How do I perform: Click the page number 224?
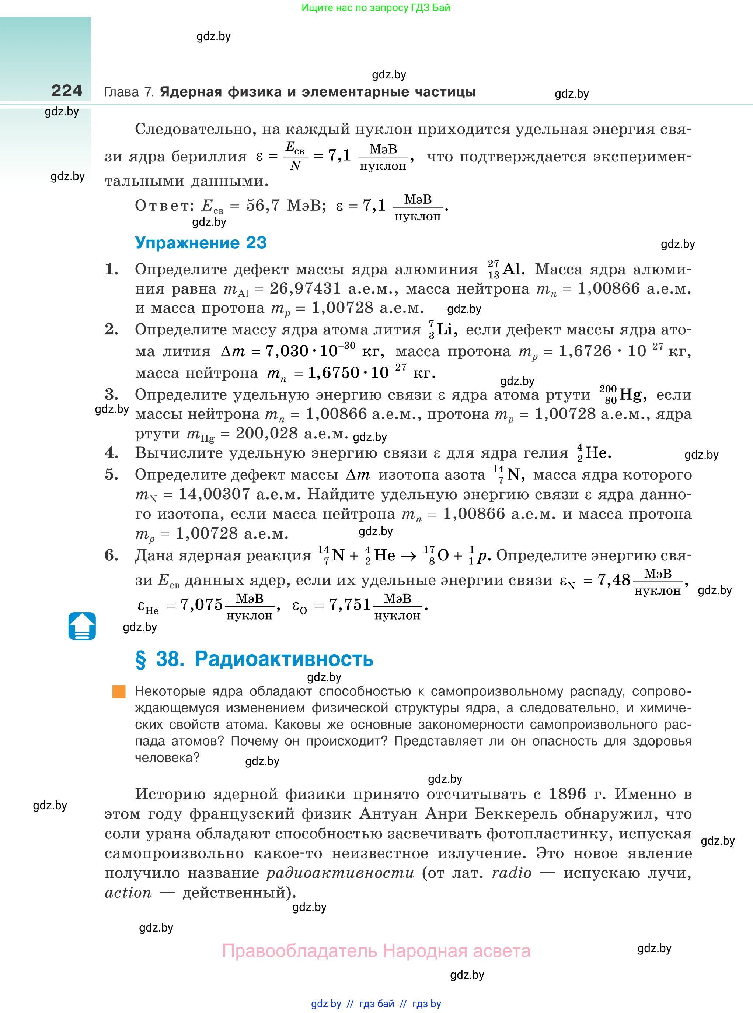click(67, 91)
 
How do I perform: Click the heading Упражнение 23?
click(201, 243)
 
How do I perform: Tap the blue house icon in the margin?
click(82, 626)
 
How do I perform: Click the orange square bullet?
click(119, 691)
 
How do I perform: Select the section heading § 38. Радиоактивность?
click(254, 659)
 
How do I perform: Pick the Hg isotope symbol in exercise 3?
click(623, 395)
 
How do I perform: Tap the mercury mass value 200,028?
click(266, 433)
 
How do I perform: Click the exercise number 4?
click(112, 453)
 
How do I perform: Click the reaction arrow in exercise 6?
click(408, 556)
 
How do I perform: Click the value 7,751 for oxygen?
click(350, 605)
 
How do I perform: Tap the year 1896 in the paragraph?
click(567, 794)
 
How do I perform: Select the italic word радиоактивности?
click(340, 873)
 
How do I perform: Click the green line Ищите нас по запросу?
click(376, 8)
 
